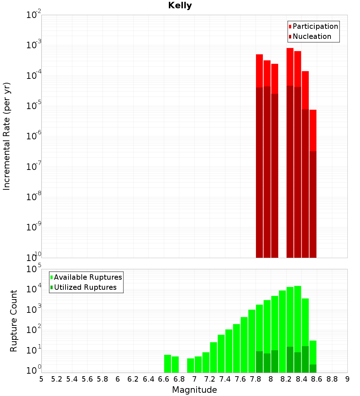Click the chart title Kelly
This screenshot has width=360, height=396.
(180, 6)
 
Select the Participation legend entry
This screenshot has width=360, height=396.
(315, 26)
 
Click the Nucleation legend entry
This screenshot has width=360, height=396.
(312, 36)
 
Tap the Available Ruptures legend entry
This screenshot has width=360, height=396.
(88, 277)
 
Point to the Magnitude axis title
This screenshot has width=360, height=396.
(194, 390)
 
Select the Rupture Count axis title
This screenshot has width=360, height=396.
(14, 320)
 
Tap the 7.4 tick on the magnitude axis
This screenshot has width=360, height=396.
(225, 379)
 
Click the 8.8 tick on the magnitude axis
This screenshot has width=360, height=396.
(332, 379)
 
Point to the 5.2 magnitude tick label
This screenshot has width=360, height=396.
(57, 379)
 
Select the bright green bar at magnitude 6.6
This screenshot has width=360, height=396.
(167, 364)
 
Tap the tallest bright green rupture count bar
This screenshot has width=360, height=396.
(298, 317)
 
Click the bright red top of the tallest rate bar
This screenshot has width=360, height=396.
(290, 67)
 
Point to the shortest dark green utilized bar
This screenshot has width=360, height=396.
(313, 368)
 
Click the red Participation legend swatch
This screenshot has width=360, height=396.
(290, 26)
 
